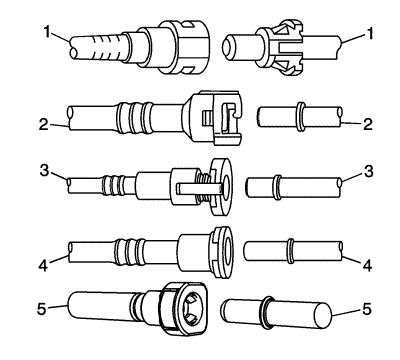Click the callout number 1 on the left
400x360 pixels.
49,33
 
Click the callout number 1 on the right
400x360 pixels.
368,34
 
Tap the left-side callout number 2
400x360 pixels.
44,125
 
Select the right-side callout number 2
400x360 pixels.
367,125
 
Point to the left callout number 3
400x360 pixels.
44,170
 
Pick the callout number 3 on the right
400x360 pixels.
368,171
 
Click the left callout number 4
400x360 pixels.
44,266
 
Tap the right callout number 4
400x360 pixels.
367,266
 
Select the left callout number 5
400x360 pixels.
42,309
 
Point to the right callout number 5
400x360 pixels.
367,310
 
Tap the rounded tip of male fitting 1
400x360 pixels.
228,46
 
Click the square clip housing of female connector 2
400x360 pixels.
220,117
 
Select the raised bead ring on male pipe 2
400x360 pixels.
301,116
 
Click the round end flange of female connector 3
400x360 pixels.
221,186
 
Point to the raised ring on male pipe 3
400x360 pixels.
278,187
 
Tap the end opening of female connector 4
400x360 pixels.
228,251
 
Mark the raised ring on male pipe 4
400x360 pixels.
291,251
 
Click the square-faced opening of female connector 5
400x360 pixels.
191,309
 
